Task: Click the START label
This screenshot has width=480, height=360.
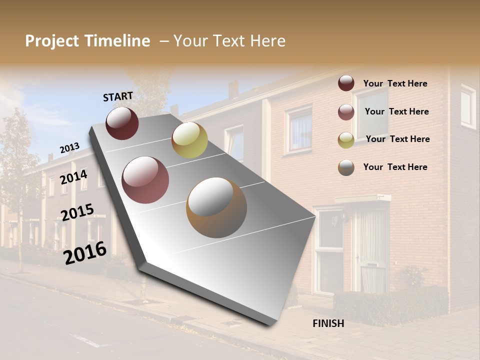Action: point(118,96)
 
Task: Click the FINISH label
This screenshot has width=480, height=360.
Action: point(328,323)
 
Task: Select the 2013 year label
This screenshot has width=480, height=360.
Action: point(69,148)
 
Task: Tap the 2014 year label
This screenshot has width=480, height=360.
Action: point(73,177)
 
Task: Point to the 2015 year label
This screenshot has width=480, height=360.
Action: point(77,211)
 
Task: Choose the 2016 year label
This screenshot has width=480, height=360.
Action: point(85,253)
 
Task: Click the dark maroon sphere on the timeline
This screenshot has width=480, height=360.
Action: point(122,123)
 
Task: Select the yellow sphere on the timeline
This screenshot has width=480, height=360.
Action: point(189,140)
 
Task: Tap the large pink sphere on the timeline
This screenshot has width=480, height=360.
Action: point(145,180)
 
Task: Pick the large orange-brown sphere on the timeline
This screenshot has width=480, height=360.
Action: point(216,207)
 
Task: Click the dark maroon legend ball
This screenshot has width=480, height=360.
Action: point(346,83)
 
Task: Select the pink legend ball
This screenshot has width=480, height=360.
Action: point(346,112)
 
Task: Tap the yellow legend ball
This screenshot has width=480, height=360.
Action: point(346,140)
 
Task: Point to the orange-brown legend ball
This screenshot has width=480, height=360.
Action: point(346,167)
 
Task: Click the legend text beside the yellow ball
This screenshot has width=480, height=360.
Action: point(397,139)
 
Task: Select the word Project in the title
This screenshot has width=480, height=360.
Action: point(52,41)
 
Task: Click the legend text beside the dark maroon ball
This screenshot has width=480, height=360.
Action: point(395,83)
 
